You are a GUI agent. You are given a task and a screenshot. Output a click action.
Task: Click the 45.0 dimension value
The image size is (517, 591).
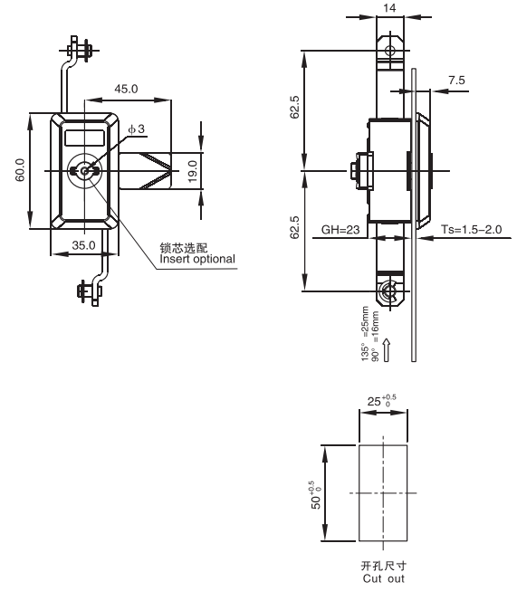click(126, 89)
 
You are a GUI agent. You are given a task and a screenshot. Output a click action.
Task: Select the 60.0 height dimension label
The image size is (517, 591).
click(20, 170)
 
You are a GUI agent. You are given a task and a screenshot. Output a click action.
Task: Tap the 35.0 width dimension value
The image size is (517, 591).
click(83, 245)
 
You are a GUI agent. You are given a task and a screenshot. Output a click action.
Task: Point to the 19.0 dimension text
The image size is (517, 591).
click(192, 171)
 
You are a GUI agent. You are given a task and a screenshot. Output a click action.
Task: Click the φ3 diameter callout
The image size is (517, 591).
click(136, 129)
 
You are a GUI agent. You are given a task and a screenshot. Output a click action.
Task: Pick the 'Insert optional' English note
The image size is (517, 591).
click(197, 259)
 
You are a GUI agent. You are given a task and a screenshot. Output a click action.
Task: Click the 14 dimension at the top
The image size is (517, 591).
click(389, 8)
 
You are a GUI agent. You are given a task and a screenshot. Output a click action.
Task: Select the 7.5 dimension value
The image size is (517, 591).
click(456, 81)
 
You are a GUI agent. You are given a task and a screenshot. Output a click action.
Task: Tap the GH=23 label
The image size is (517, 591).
click(340, 230)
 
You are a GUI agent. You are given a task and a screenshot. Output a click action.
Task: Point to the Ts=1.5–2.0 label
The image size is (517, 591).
click(472, 230)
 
